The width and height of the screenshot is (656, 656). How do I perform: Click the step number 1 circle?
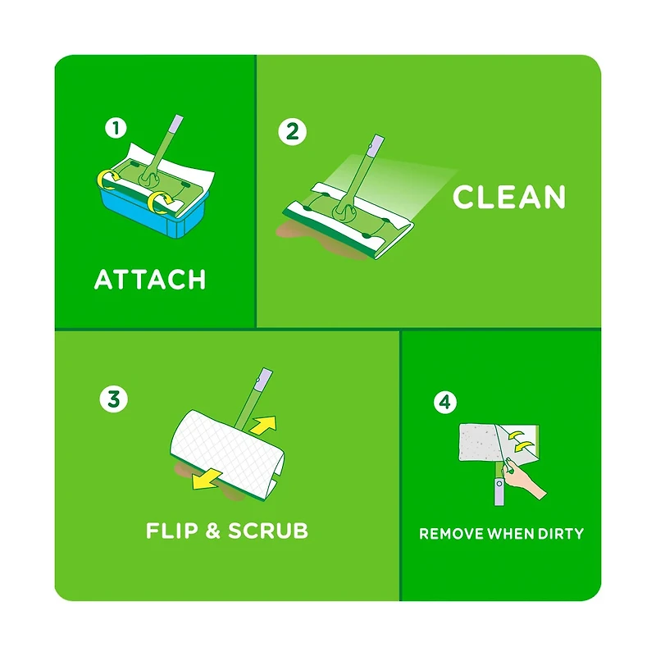[x=117, y=128]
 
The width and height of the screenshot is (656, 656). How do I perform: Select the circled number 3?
[x=112, y=399]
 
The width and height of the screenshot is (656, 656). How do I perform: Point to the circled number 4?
[x=445, y=402]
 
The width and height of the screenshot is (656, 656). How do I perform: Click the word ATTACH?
[x=150, y=280]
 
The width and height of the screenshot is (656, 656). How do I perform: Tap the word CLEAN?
[x=509, y=198]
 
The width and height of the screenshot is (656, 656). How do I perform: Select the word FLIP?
[x=171, y=531]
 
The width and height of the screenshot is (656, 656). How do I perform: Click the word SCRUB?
[x=268, y=531]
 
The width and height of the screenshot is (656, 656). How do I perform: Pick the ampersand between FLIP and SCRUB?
[x=212, y=531]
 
